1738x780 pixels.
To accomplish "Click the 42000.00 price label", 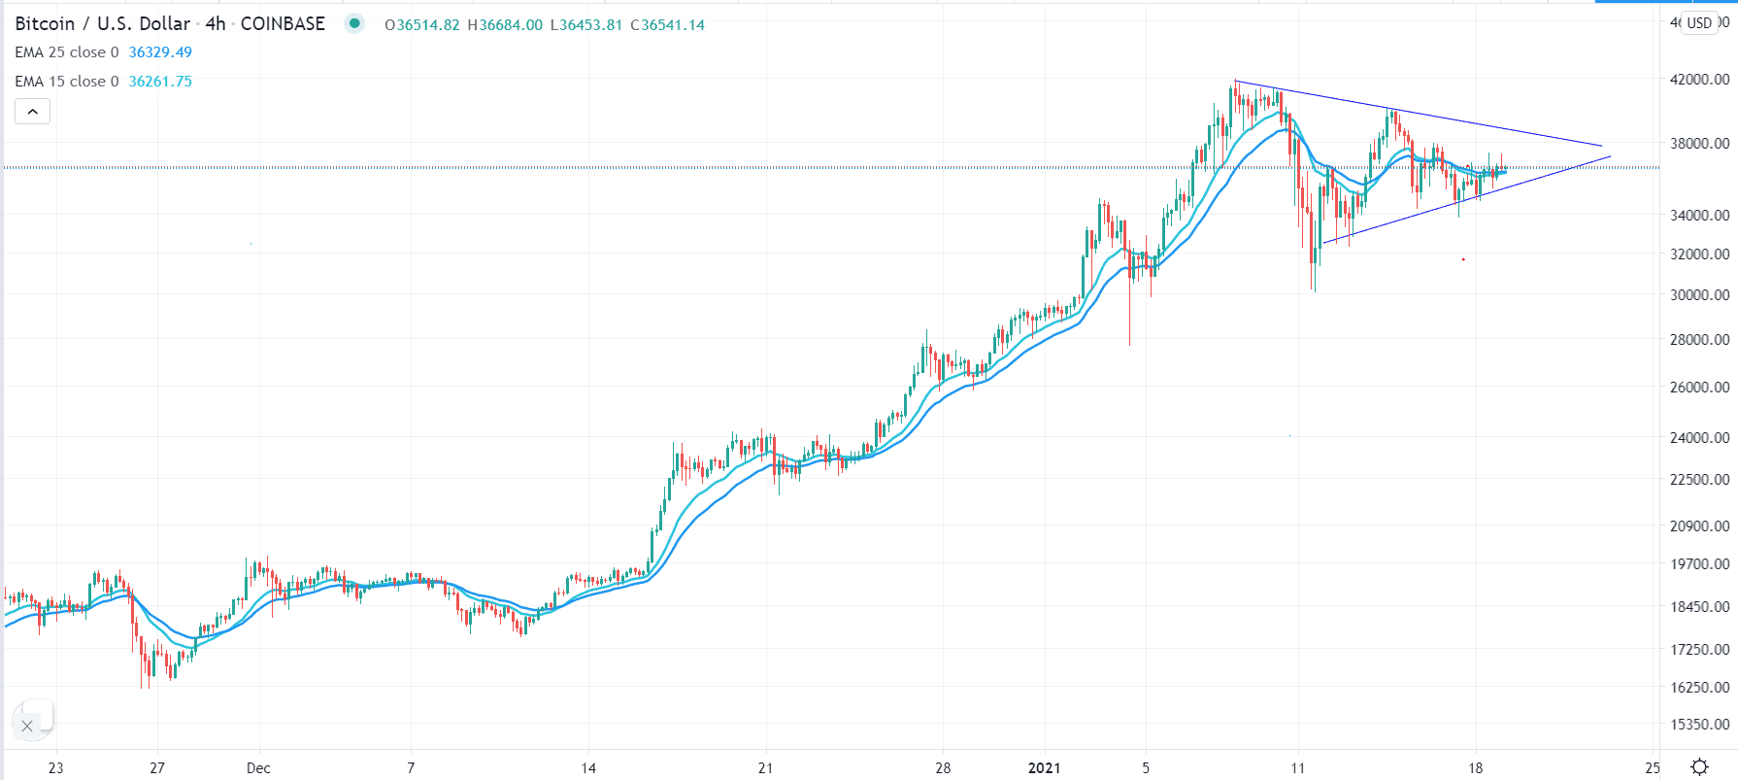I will pyautogui.click(x=1698, y=79).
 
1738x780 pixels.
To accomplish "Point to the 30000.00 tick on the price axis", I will pyautogui.click(x=1698, y=294).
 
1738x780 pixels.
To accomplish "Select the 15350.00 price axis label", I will pyautogui.click(x=1698, y=724).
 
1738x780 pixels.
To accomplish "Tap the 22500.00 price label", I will pyautogui.click(x=1698, y=479).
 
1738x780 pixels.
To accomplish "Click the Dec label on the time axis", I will pyautogui.click(x=258, y=767).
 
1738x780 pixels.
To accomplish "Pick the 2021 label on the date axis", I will pyautogui.click(x=1044, y=767).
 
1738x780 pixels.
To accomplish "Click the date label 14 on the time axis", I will pyautogui.click(x=588, y=767).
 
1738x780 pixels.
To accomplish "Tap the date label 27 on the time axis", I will pyautogui.click(x=157, y=767).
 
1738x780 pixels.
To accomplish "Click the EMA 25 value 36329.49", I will pyautogui.click(x=160, y=52).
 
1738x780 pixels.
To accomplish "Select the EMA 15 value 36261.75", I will pyautogui.click(x=160, y=82).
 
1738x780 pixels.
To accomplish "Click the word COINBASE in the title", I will pyautogui.click(x=283, y=23).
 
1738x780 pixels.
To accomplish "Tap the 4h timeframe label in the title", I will pyautogui.click(x=216, y=23).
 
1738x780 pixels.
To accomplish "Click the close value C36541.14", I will pyautogui.click(x=668, y=25).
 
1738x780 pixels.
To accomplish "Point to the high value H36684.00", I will pyautogui.click(x=505, y=25).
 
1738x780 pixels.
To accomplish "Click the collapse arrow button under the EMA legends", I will pyautogui.click(x=32, y=112).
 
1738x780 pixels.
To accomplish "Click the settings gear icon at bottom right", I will pyautogui.click(x=1699, y=766).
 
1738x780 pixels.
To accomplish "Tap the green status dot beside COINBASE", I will pyautogui.click(x=354, y=23).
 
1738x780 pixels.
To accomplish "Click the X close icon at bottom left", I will pyautogui.click(x=27, y=726).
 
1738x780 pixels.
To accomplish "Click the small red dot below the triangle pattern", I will pyautogui.click(x=1463, y=259).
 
